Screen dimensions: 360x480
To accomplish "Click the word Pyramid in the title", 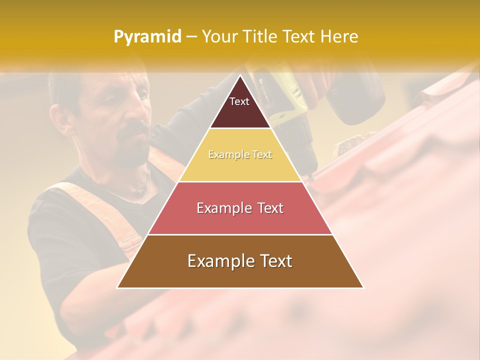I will pyautogui.click(x=147, y=36).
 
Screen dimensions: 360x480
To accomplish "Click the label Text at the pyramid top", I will pyautogui.click(x=239, y=101).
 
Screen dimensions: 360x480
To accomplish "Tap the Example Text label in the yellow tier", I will pyautogui.click(x=240, y=154).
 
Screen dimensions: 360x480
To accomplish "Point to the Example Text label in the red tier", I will pyautogui.click(x=240, y=208).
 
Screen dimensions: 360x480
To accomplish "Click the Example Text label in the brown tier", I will pyautogui.click(x=240, y=261).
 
